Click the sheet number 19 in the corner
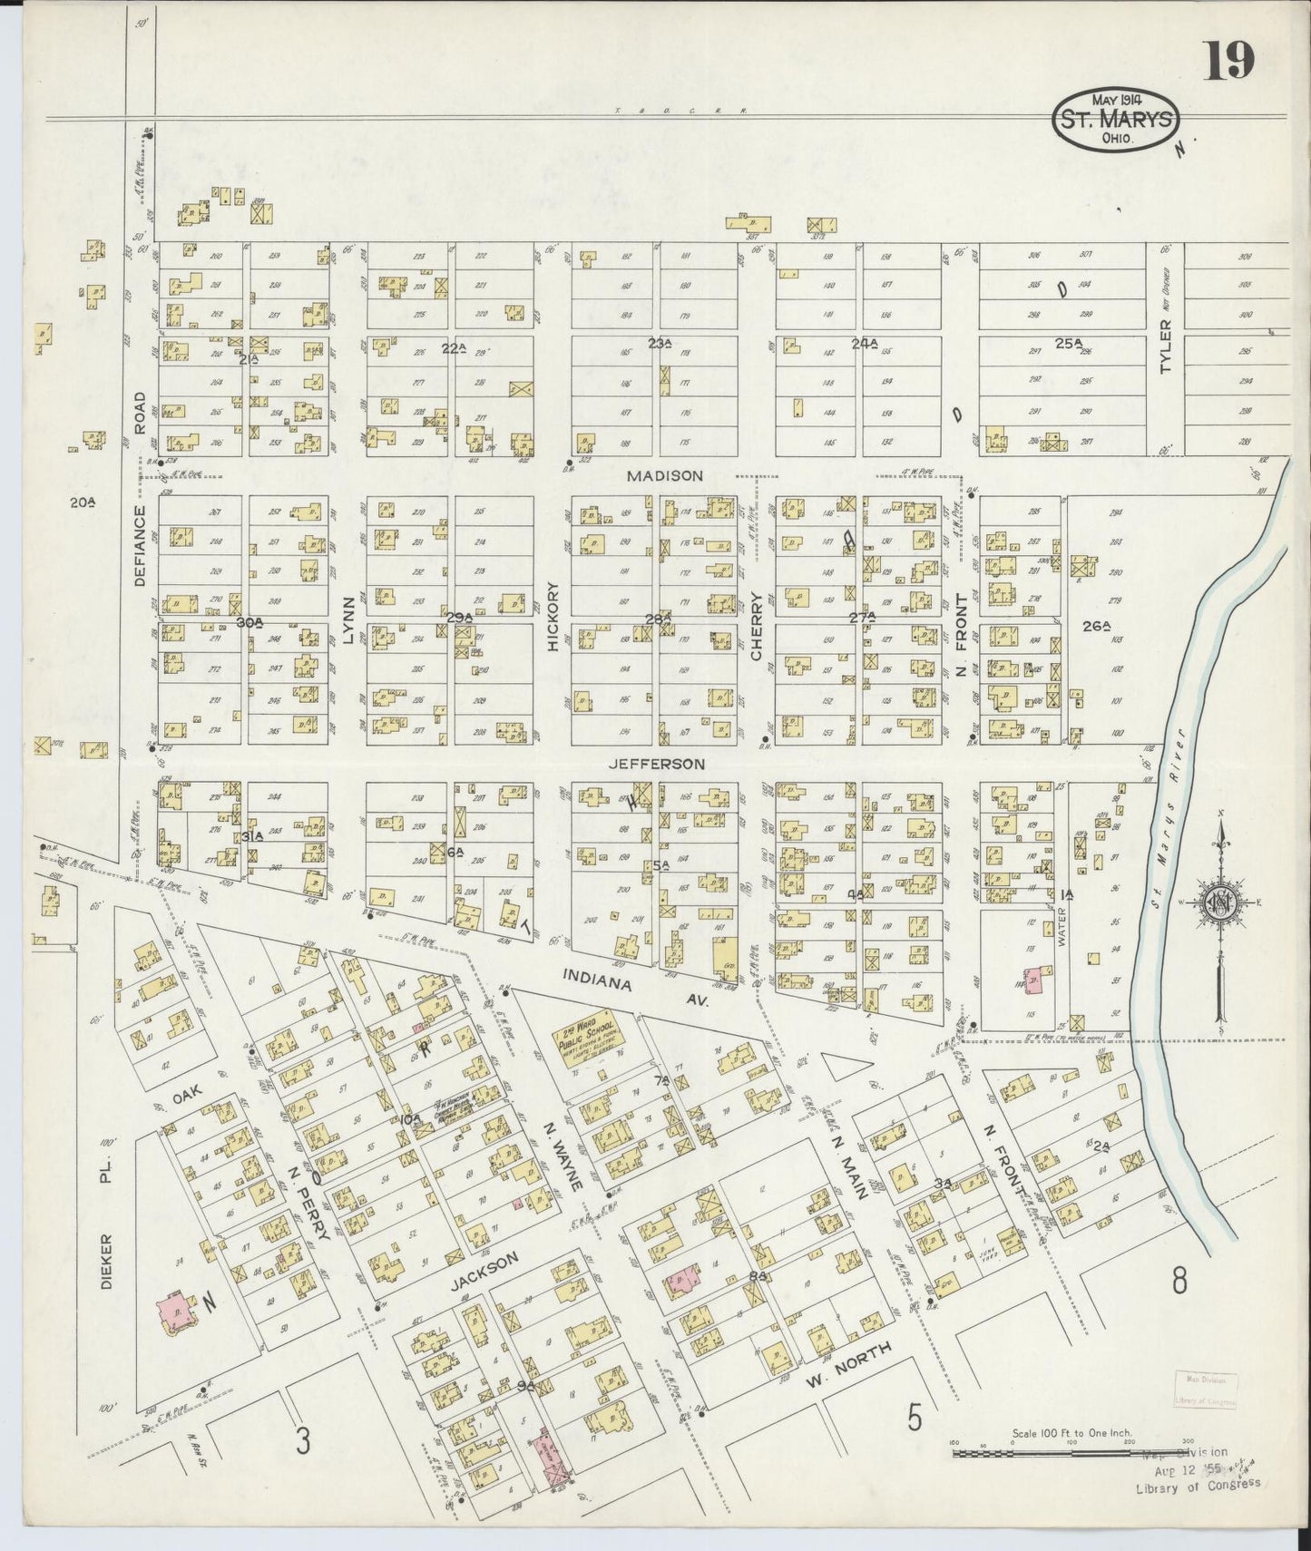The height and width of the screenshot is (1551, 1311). (x=1228, y=61)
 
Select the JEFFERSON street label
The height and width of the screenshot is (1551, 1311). (x=656, y=764)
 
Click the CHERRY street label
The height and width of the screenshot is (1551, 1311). (x=758, y=625)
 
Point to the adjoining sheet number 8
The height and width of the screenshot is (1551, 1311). (x=1179, y=1282)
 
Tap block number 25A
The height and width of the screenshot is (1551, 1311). (x=1070, y=343)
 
